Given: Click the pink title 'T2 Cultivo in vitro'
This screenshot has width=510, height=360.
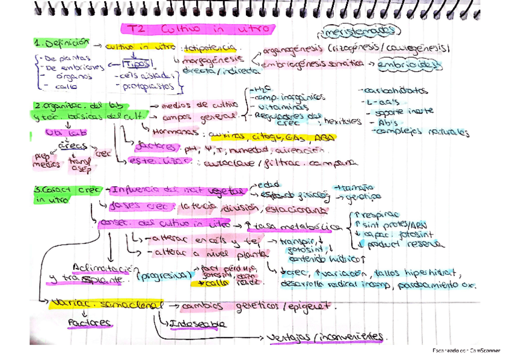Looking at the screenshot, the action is tap(198, 29).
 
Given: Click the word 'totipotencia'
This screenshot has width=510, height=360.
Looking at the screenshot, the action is tap(211, 46).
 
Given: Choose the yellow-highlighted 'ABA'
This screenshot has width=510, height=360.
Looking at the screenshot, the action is tap(325, 136).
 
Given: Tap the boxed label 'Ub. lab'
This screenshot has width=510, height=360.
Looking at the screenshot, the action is tap(60, 132).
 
